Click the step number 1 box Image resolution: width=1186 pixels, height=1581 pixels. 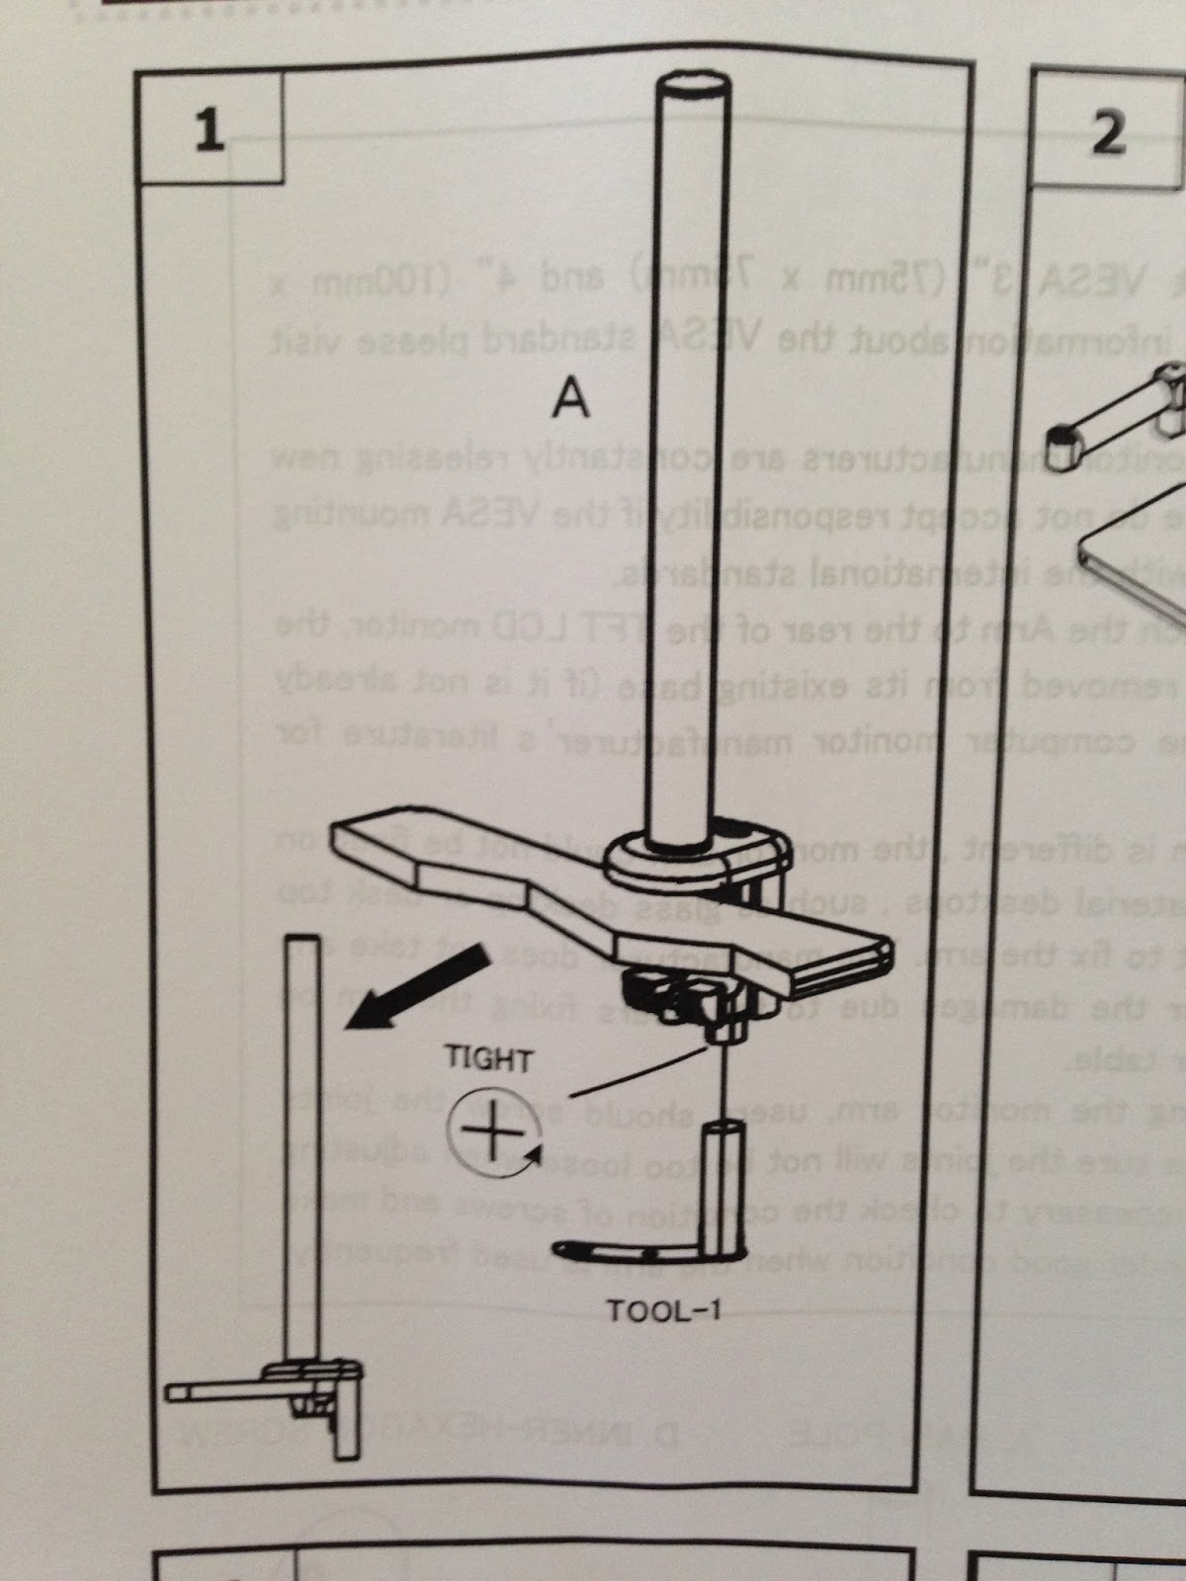[x=209, y=130]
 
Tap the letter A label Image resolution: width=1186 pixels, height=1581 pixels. [x=570, y=399]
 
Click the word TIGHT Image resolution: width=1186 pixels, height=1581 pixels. [x=489, y=1060]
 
